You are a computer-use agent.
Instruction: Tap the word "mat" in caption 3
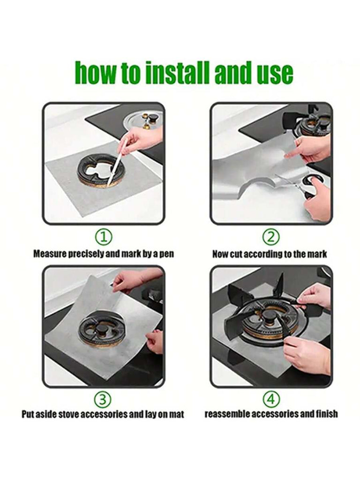177,414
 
